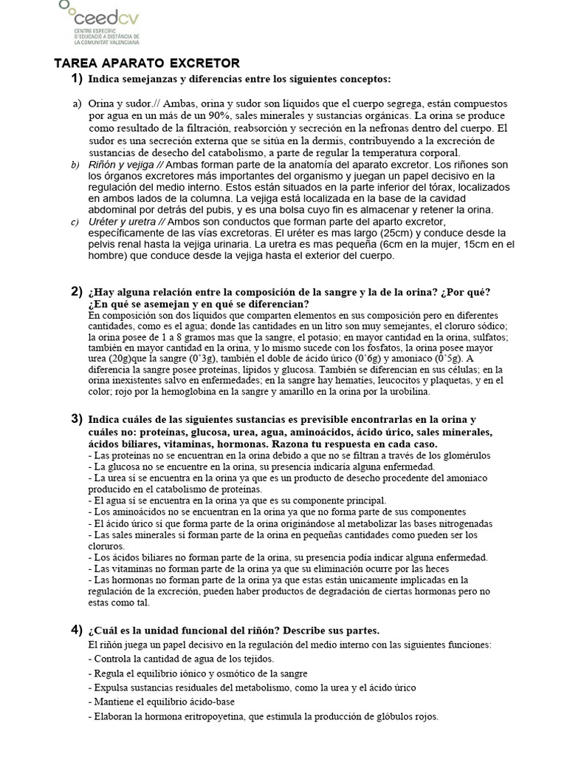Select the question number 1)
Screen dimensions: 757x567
point(77,79)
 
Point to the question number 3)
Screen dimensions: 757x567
point(77,419)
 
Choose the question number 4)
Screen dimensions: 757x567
point(77,630)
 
